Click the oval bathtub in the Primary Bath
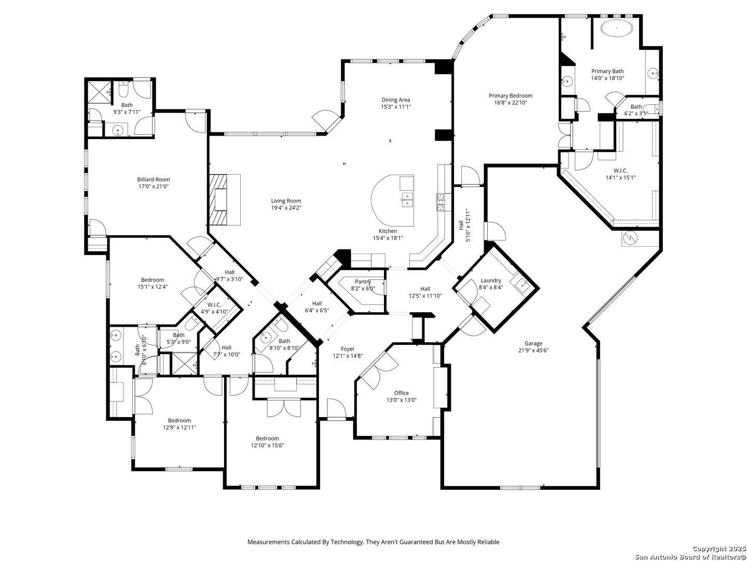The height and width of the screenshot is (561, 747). pyautogui.click(x=616, y=28)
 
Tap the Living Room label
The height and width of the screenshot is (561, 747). pyautogui.click(x=286, y=201)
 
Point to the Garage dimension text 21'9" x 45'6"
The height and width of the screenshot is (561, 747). pyautogui.click(x=533, y=350)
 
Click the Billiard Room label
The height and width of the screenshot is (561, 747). pyautogui.click(x=154, y=179)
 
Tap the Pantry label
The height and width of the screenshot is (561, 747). pyautogui.click(x=363, y=282)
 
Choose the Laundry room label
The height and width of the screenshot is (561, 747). pyautogui.click(x=491, y=280)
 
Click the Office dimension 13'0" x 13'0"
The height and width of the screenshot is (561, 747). pyautogui.click(x=402, y=400)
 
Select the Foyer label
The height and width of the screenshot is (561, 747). pyautogui.click(x=348, y=349)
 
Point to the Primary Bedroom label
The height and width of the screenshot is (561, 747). pyautogui.click(x=510, y=96)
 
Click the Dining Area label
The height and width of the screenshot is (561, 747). pyautogui.click(x=396, y=100)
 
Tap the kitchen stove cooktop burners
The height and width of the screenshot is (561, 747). pyautogui.click(x=441, y=203)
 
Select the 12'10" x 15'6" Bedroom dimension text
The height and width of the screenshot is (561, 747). pyautogui.click(x=268, y=445)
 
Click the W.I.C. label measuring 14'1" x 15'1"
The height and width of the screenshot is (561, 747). pyautogui.click(x=620, y=170)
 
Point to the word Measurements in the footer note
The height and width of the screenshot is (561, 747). pyautogui.click(x=269, y=542)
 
